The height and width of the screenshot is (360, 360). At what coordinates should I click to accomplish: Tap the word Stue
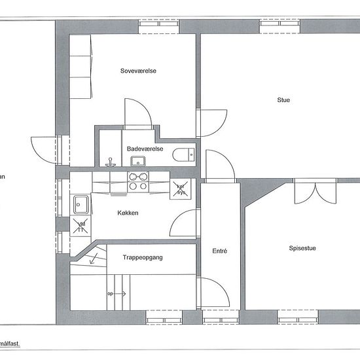(283, 100)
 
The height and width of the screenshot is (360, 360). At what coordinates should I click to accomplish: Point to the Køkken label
(128, 213)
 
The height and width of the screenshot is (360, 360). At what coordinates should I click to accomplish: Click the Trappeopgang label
(142, 258)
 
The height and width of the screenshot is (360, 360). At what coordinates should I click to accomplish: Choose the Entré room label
(220, 251)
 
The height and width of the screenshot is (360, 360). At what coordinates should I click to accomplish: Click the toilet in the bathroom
(184, 154)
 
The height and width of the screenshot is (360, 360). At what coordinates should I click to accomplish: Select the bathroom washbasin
(137, 161)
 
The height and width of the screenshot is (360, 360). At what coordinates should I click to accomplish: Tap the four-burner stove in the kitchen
(137, 181)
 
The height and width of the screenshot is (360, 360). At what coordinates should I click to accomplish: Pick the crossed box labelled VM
(81, 227)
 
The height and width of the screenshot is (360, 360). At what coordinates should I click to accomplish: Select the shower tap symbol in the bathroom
(111, 160)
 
